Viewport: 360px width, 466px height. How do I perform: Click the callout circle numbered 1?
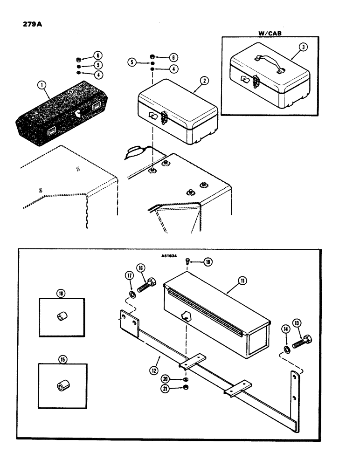(42, 85)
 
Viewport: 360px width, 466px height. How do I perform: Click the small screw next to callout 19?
(187, 261)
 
